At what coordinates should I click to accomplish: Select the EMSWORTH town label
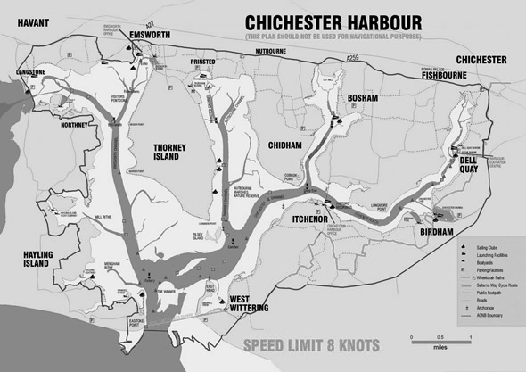[149, 37]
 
